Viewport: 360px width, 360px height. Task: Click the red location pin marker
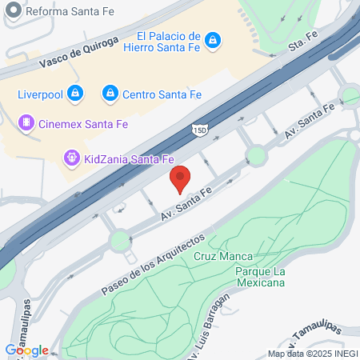tap(180, 179)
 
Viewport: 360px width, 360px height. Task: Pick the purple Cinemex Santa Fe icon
tap(26, 122)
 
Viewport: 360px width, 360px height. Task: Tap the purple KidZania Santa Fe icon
tap(71, 157)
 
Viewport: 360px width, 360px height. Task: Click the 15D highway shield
tap(199, 128)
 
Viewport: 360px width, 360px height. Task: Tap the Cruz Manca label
tap(223, 257)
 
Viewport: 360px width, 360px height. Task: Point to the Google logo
tap(26, 350)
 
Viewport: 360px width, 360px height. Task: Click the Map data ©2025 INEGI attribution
tap(312, 354)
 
